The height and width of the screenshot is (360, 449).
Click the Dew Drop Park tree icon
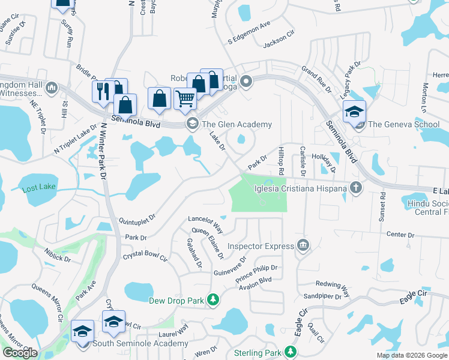pyautogui.click(x=212, y=299)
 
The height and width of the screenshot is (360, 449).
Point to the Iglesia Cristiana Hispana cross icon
pyautogui.click(x=356, y=188)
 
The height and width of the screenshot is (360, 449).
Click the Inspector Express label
pyautogui.click(x=261, y=246)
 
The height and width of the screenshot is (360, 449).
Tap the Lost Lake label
pyautogui.click(x=38, y=189)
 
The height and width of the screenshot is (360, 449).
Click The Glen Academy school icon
pyautogui.click(x=192, y=124)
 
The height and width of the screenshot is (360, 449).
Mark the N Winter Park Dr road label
pyautogui.click(x=103, y=152)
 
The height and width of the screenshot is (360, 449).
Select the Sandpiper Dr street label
pyautogui.click(x=322, y=296)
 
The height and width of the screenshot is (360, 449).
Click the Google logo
pyautogui.click(x=20, y=353)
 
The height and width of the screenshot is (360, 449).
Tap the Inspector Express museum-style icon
pyautogui.click(x=303, y=245)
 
